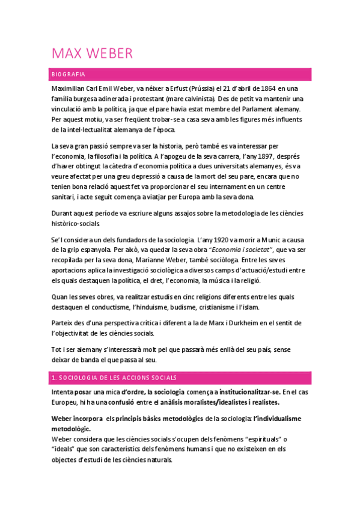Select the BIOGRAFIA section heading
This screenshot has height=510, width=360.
click(x=68, y=74)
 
